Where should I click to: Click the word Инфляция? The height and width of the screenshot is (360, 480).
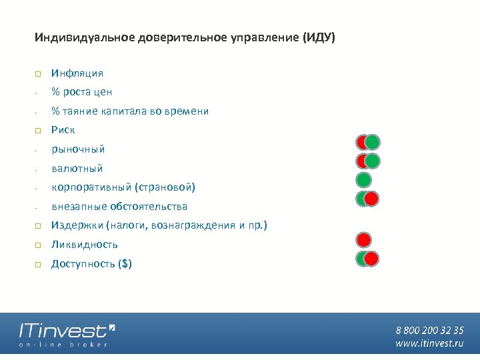click(x=77, y=73)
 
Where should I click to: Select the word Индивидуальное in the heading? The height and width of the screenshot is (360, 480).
click(x=84, y=37)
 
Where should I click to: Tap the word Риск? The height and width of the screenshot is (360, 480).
click(x=63, y=130)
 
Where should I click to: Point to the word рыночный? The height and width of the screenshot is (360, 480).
click(x=78, y=149)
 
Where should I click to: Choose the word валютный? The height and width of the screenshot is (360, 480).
click(x=77, y=169)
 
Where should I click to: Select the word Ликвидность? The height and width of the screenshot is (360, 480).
click(x=85, y=245)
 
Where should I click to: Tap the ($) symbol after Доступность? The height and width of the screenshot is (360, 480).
click(x=124, y=264)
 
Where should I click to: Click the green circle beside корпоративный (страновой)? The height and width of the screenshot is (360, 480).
click(x=363, y=180)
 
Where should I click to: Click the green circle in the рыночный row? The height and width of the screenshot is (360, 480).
click(x=373, y=142)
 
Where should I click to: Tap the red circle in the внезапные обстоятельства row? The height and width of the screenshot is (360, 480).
click(x=371, y=199)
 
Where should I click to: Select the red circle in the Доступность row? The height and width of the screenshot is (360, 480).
click(x=371, y=259)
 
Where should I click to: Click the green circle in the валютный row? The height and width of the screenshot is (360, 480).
click(x=373, y=161)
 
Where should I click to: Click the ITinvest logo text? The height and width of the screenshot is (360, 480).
click(x=63, y=331)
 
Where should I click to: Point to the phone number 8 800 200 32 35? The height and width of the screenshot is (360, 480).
click(x=429, y=330)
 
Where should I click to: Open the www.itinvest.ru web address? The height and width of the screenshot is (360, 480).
click(x=429, y=343)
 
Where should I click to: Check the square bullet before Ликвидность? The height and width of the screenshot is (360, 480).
click(x=38, y=245)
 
